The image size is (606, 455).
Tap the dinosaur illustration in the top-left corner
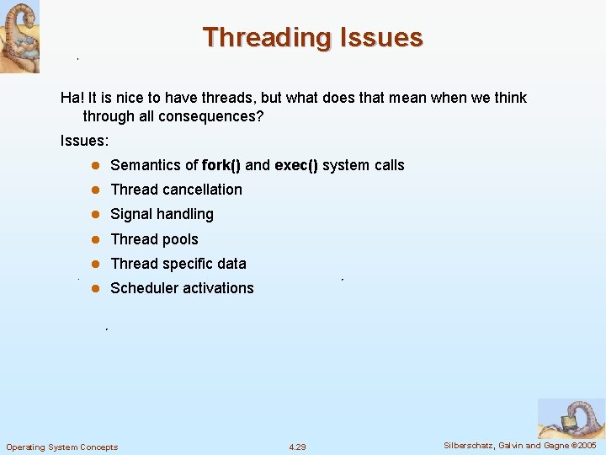point(19,36)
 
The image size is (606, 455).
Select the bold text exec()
point(296,165)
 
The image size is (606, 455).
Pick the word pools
point(178,239)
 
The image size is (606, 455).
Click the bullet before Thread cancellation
point(96,190)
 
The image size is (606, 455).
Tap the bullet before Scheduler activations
point(96,289)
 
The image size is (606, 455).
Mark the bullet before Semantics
point(96,166)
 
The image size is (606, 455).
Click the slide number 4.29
point(297,447)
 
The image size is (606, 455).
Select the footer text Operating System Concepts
point(62,447)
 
